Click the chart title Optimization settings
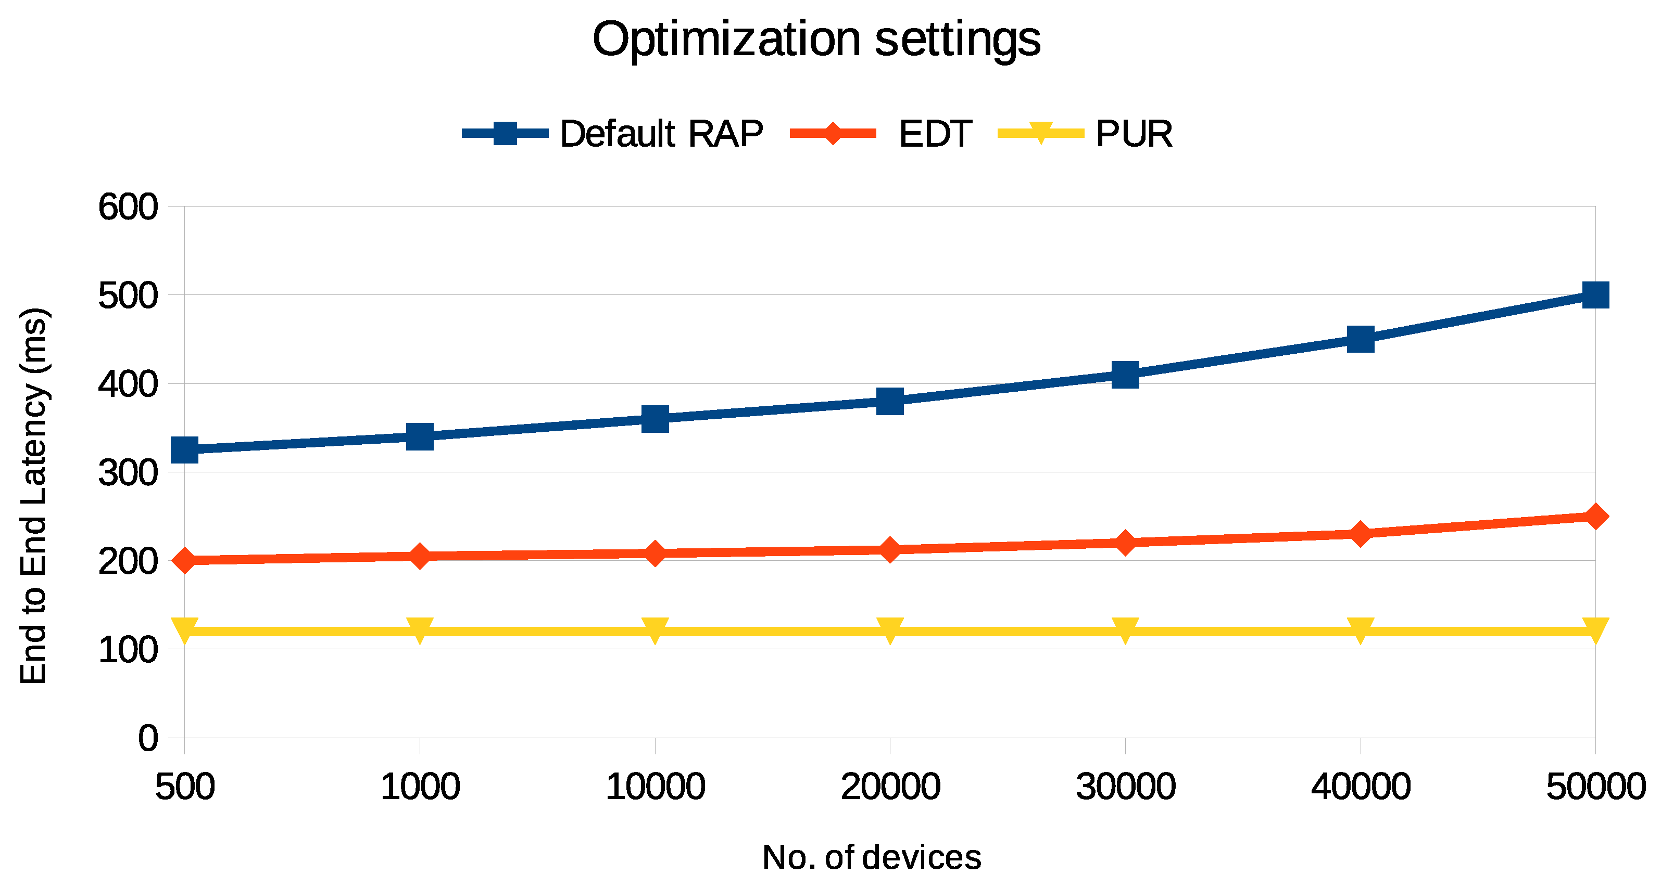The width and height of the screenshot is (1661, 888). (816, 40)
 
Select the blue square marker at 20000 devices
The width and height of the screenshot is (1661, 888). (890, 401)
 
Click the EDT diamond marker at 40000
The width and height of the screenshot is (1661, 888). (1360, 534)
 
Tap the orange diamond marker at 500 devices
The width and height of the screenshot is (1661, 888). (185, 560)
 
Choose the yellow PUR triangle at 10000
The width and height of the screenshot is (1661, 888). (655, 629)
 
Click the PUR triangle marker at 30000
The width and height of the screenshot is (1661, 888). (1125, 629)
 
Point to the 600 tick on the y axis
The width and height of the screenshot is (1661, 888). (128, 208)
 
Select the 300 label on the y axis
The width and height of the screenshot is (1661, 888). (128, 473)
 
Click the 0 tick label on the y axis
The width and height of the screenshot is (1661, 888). (148, 738)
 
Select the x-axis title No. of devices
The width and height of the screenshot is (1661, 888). (871, 857)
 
